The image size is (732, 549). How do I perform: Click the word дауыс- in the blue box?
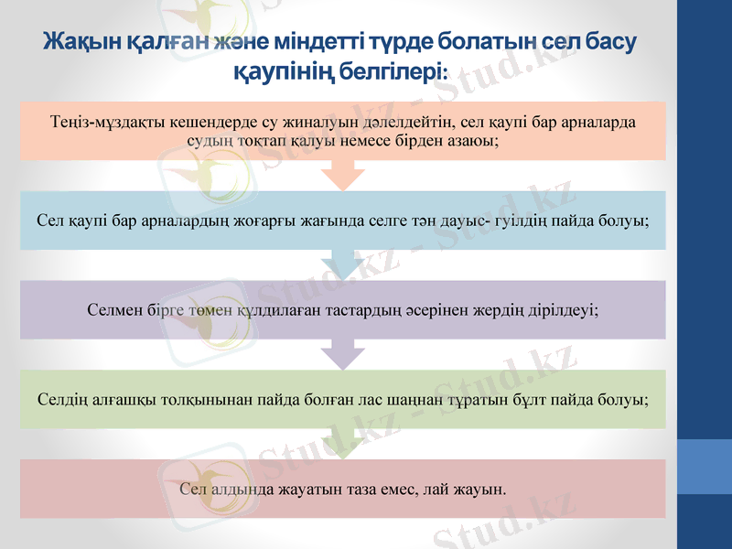(x=461, y=220)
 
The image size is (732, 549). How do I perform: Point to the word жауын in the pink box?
(x=479, y=489)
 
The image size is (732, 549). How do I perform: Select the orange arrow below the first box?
(x=343, y=175)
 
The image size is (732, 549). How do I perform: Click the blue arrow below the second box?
(x=343, y=264)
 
